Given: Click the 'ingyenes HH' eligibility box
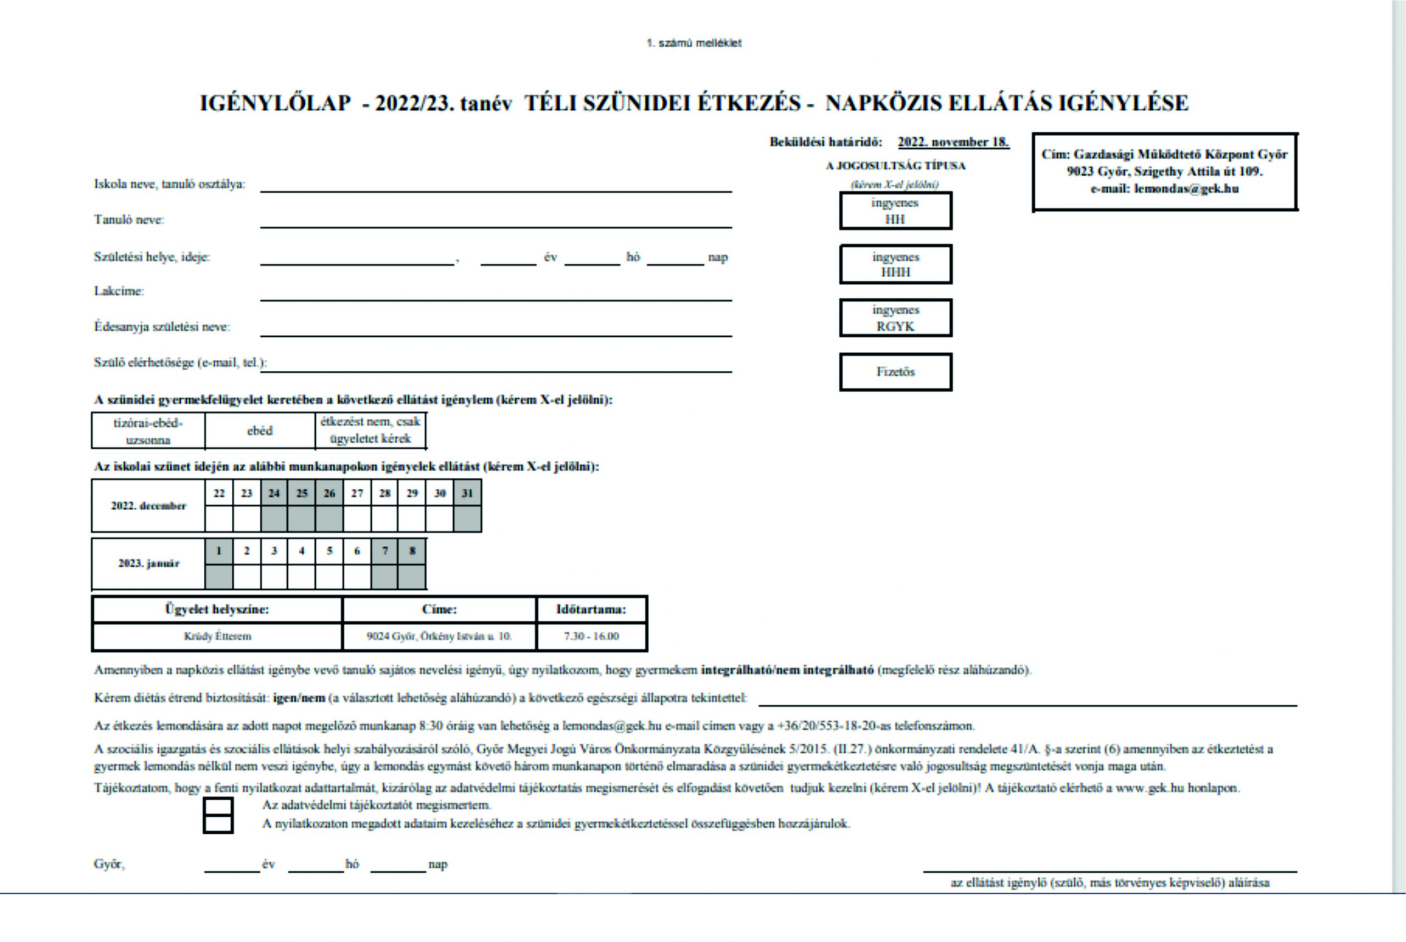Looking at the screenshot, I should click(x=895, y=211).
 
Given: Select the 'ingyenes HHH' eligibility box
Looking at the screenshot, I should click(x=895, y=264).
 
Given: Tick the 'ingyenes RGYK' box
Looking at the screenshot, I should click(x=895, y=318).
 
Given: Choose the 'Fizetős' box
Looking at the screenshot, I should click(x=895, y=372).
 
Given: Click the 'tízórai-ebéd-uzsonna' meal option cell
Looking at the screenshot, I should click(x=148, y=431).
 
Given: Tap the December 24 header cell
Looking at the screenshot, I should click(x=274, y=493).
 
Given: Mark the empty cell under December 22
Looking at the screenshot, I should click(x=219, y=519).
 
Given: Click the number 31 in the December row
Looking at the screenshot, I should click(x=467, y=493).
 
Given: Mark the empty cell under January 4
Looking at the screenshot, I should click(x=302, y=577).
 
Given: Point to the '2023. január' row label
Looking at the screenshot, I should click(x=148, y=564).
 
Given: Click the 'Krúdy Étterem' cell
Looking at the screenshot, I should click(x=217, y=636).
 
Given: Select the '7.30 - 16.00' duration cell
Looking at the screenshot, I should click(x=591, y=636).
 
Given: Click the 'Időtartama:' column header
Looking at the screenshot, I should click(x=591, y=609).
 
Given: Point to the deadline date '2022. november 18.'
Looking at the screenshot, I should click(x=953, y=142).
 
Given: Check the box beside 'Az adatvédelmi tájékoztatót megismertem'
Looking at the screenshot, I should click(x=218, y=806).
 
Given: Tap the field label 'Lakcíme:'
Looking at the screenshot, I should click(x=119, y=291).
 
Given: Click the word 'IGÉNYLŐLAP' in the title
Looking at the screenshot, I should click(x=275, y=103).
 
